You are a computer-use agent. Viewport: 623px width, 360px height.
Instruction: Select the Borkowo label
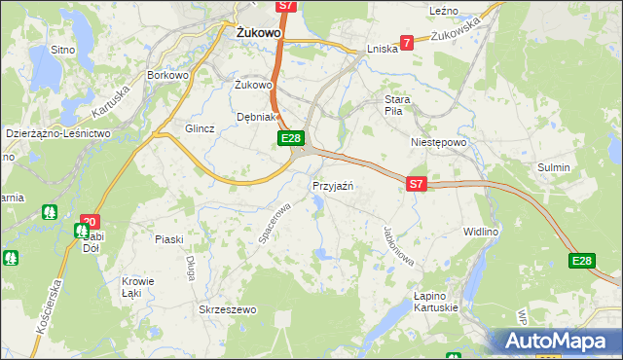(x=166, y=75)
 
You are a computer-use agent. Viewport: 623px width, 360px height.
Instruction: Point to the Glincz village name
(x=200, y=128)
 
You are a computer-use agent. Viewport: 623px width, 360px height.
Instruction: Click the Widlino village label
(x=481, y=232)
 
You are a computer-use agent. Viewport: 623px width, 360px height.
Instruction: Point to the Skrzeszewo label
(x=227, y=310)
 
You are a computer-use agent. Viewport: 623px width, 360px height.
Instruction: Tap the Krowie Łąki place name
(x=137, y=287)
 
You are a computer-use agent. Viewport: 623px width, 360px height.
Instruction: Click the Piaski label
(x=169, y=238)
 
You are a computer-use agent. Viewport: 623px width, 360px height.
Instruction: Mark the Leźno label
(x=444, y=10)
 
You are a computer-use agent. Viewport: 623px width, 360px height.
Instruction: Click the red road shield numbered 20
(x=90, y=222)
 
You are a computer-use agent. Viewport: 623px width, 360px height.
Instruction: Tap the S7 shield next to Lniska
(x=407, y=43)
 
